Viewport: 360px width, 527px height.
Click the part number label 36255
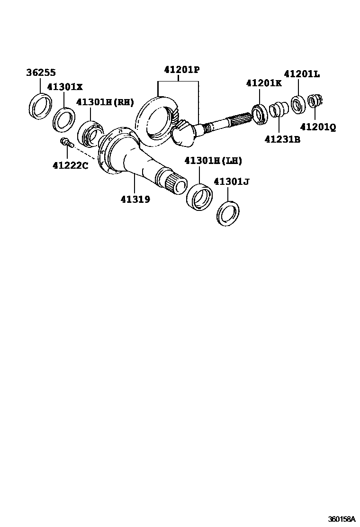click(41, 73)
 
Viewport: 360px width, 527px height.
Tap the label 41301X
click(64, 87)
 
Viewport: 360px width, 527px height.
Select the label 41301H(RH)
click(105, 102)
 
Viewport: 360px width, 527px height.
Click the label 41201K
click(264, 83)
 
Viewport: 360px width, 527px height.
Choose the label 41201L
click(302, 74)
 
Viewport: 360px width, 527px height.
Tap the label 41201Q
click(317, 127)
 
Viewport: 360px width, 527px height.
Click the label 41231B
click(282, 140)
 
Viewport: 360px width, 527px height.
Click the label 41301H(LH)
click(213, 161)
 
